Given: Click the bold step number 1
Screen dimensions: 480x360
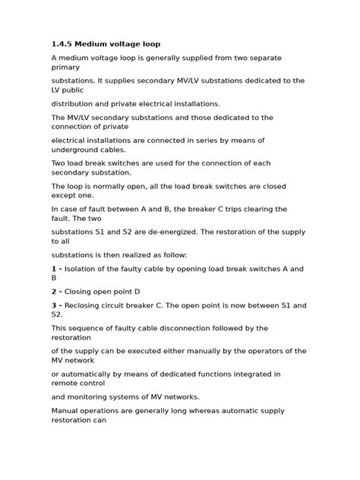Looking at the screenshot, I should pos(54,269).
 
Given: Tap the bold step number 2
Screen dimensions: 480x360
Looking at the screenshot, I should pos(54,291).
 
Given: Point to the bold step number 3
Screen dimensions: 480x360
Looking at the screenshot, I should pos(54,305).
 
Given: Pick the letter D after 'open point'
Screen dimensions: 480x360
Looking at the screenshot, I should pos(137,291).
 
